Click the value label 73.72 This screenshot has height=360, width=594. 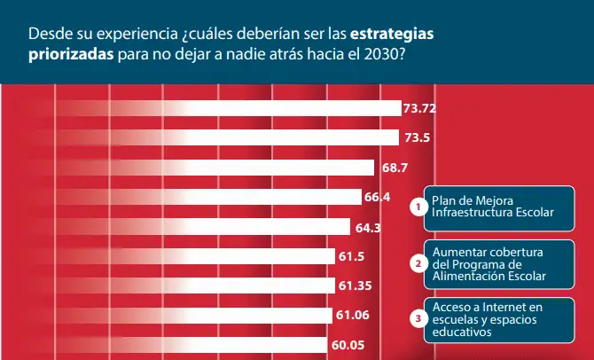[x=419, y=109]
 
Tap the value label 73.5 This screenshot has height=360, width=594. [x=417, y=137]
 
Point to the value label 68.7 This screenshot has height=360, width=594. [x=395, y=168]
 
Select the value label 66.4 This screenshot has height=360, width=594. [x=378, y=197]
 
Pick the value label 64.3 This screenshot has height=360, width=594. [x=368, y=228]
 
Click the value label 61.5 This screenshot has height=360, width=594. [x=352, y=256]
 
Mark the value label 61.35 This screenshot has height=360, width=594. [x=356, y=286]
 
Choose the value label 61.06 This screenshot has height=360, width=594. [x=353, y=315]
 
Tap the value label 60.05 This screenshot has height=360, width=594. [x=348, y=345]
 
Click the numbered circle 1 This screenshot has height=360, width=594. [x=418, y=207]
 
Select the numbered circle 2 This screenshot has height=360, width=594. [x=418, y=263]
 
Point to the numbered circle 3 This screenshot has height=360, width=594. [x=418, y=318]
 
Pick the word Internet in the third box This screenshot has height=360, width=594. [x=504, y=307]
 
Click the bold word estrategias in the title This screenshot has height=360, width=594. [x=392, y=35]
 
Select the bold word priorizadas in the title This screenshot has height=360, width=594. [x=71, y=55]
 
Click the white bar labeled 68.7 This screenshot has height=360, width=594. [x=215, y=168]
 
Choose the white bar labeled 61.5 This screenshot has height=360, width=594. [x=195, y=256]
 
